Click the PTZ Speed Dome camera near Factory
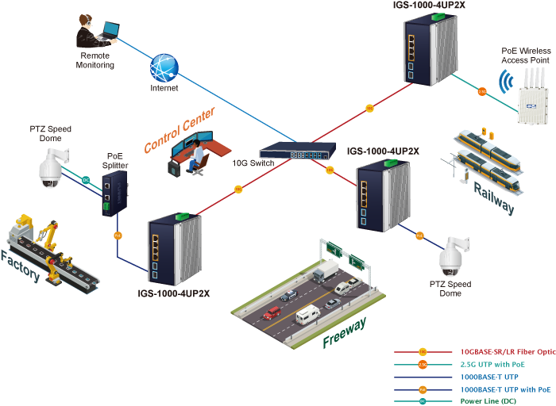50,169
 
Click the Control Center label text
180,129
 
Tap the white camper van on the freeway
309,316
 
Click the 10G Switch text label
253,163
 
